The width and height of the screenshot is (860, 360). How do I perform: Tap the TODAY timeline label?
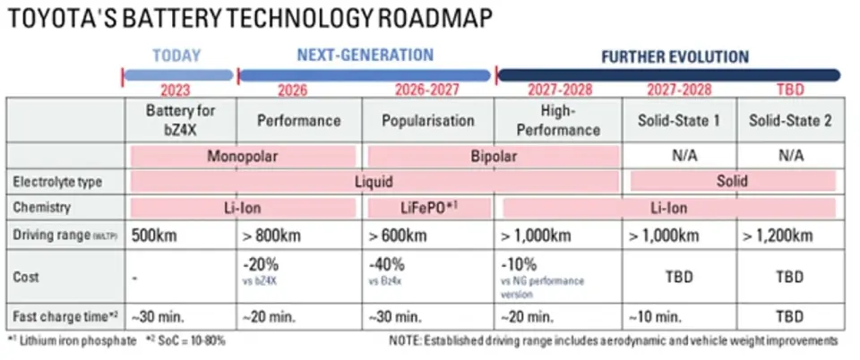[x=176, y=56]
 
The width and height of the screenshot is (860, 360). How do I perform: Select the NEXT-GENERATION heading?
[x=365, y=56]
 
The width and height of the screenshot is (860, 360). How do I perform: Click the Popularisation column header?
[x=427, y=119]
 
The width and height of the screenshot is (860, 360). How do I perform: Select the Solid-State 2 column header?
[x=788, y=119]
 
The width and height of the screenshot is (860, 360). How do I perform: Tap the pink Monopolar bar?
[x=245, y=155]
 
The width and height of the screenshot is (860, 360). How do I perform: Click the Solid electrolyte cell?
[x=732, y=181]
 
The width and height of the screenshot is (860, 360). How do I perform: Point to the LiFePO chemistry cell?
[x=429, y=208]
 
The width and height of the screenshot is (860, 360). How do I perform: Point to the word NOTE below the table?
[x=408, y=341]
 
